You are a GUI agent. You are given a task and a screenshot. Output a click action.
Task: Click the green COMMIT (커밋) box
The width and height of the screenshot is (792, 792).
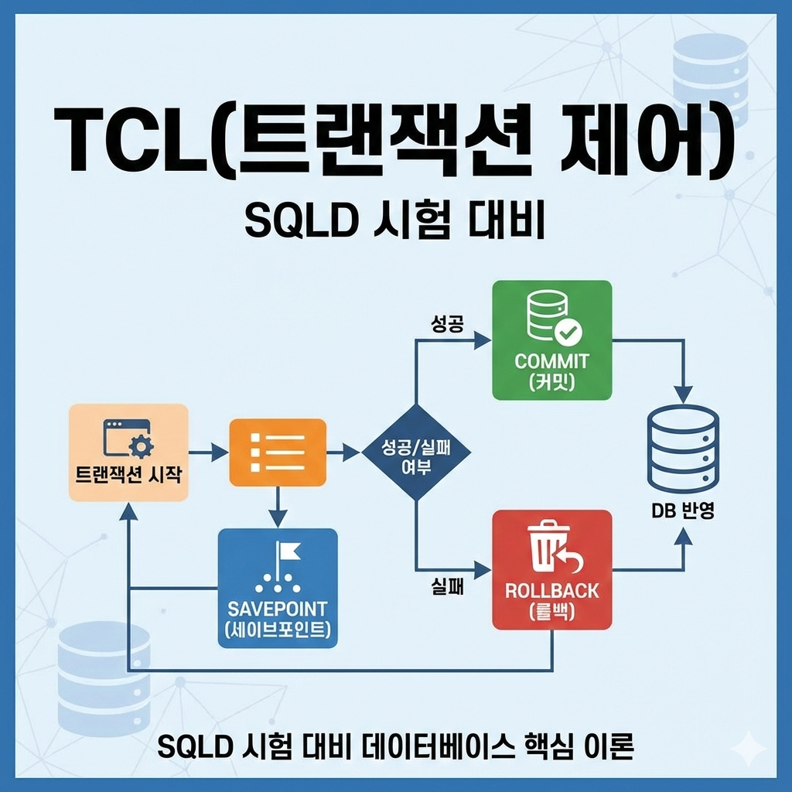(x=552, y=340)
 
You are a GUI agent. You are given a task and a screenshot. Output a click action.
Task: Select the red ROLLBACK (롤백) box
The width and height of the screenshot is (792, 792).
(x=552, y=569)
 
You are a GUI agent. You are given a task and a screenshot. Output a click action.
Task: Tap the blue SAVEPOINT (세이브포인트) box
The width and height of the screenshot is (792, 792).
(x=278, y=587)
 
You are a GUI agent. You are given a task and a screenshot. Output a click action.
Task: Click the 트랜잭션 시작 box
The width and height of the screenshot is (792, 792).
(x=128, y=452)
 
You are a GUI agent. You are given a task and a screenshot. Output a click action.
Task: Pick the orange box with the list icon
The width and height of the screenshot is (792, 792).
(x=278, y=452)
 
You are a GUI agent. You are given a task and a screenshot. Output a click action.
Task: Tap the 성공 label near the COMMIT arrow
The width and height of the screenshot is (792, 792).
(x=447, y=323)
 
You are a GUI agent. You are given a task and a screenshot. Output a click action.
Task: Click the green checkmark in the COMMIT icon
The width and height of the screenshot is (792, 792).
(x=570, y=333)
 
